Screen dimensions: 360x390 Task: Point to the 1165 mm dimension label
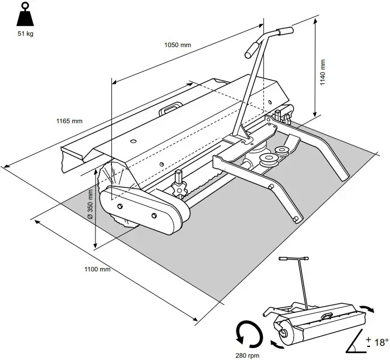pos(69,121)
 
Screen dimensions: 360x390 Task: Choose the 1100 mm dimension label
pos(97,269)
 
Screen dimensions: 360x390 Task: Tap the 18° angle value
pos(380,342)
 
